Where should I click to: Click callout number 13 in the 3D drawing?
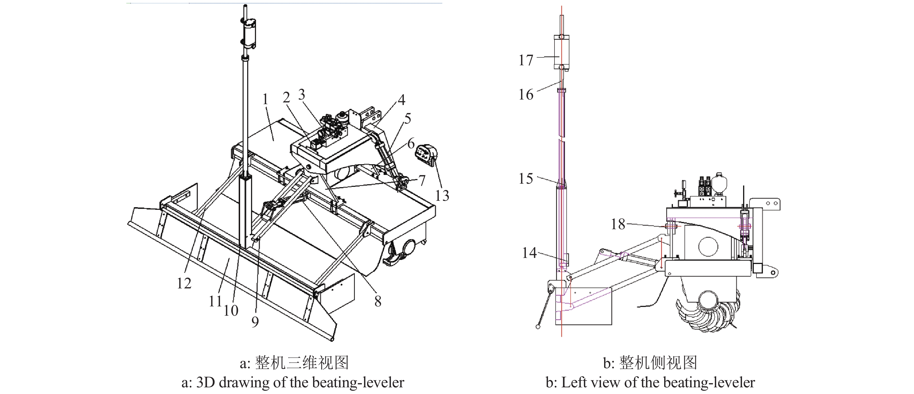[x=442, y=195]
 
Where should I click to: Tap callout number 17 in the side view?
[x=526, y=60]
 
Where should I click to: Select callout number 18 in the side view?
[x=618, y=224]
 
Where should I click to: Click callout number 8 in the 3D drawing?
[x=378, y=301]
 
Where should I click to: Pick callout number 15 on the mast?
[x=526, y=178]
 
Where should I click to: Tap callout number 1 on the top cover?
[x=265, y=100]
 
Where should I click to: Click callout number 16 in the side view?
[x=526, y=95]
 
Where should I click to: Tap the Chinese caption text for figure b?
[x=650, y=362]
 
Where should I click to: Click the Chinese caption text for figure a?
[x=294, y=362]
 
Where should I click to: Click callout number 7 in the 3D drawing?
[x=422, y=180]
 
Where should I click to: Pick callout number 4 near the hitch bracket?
[x=401, y=100]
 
